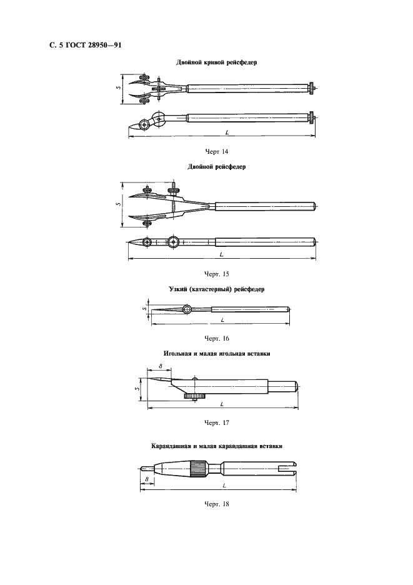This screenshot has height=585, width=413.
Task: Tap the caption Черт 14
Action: [217, 151]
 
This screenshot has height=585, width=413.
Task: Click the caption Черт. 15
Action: [217, 274]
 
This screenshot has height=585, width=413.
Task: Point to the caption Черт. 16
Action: [217, 338]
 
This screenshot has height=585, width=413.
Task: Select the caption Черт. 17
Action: [217, 422]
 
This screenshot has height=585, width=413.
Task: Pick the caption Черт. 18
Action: [217, 504]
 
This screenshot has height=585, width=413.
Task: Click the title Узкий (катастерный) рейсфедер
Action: [217, 290]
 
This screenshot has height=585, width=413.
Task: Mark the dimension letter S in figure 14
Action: [119, 88]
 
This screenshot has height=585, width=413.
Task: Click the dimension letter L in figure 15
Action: [222, 256]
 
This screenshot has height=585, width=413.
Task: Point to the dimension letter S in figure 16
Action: [144, 307]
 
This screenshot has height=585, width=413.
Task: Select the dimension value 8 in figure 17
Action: [161, 366]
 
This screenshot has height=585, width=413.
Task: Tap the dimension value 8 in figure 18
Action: [146, 479]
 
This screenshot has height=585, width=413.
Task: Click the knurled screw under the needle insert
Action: [195, 396]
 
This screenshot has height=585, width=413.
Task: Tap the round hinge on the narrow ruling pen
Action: [187, 309]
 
